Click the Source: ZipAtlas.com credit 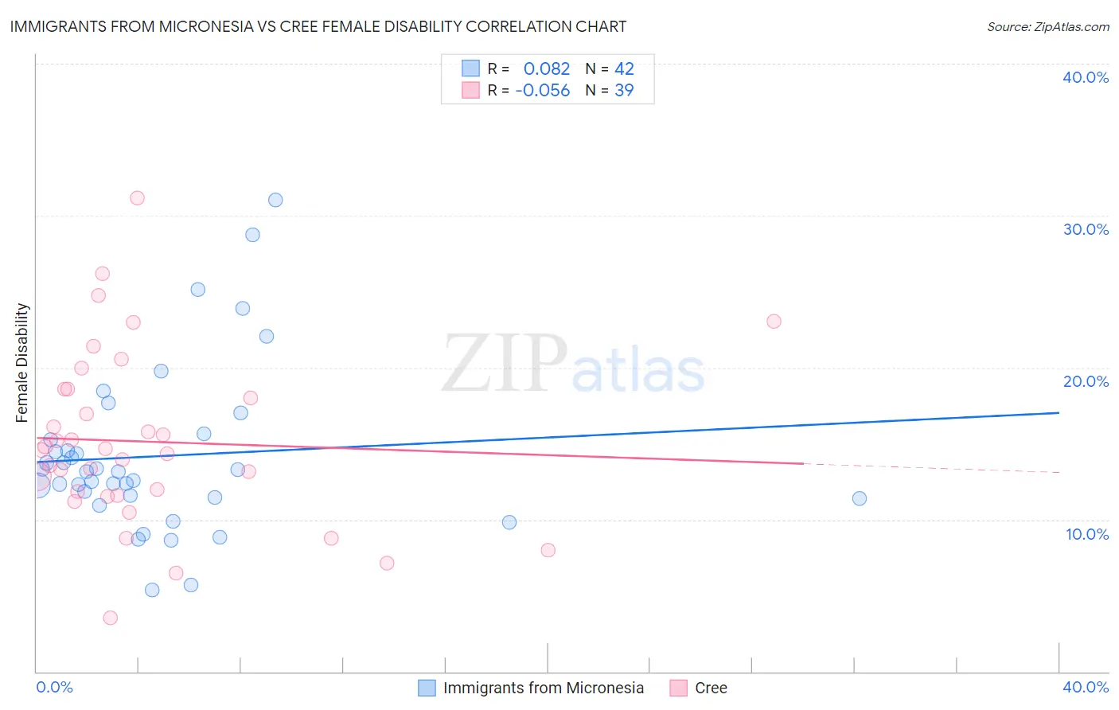point(1047,26)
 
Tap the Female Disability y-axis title point(22,362)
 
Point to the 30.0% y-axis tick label point(1086,229)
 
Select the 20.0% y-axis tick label point(1086,381)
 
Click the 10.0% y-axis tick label point(1087,534)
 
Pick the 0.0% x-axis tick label point(54,687)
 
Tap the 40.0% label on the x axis point(1086,687)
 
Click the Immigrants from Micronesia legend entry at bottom point(543,688)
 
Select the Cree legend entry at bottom point(710,688)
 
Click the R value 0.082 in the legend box point(547,69)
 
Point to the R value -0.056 point(543,91)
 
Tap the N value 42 point(624,69)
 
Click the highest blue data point point(275,200)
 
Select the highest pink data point point(137,198)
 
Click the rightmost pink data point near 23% point(774,322)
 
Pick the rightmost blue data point point(860,498)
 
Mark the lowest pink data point point(111,618)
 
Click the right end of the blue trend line point(1059,412)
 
